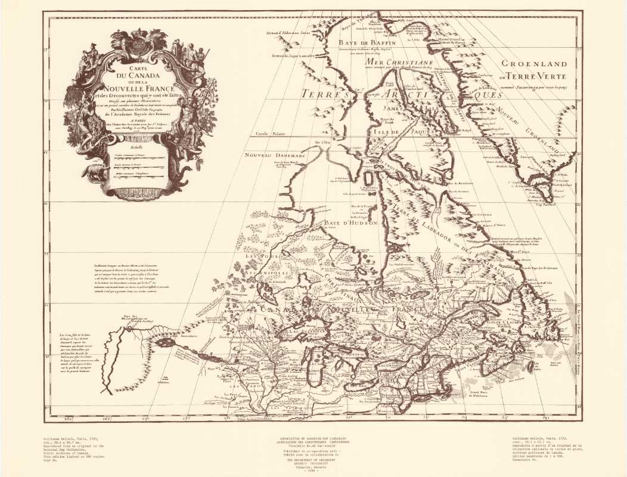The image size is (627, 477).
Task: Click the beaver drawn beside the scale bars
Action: [94, 172]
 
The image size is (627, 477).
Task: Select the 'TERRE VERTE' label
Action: [540, 76]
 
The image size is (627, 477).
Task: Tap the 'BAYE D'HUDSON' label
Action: [351, 223]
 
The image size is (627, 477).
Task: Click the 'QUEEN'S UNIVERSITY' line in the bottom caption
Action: [313, 461]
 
